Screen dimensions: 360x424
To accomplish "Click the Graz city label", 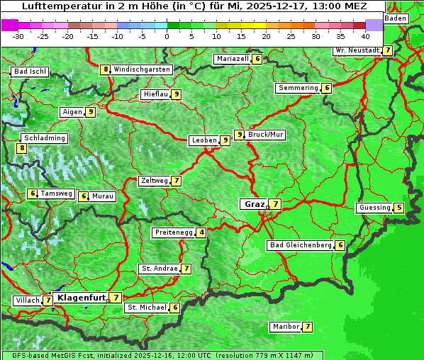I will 254,204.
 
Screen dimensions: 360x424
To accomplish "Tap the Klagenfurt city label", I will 81,298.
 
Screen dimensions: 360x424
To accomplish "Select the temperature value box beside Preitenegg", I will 202,232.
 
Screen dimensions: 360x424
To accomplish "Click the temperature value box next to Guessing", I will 399,208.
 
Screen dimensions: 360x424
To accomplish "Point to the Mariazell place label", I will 232,59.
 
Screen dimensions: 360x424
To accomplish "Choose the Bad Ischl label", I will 30,72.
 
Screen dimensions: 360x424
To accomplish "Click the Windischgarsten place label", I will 142,69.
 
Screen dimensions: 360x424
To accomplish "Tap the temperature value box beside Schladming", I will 22,148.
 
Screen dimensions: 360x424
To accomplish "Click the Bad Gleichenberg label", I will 301,245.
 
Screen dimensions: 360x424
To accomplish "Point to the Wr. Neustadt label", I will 357,50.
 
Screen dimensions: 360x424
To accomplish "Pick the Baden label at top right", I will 396,18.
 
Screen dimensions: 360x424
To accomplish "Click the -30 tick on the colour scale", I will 18,35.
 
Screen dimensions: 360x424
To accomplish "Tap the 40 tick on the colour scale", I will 365,35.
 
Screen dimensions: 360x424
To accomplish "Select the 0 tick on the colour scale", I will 167,35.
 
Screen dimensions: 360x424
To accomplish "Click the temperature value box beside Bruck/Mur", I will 240,135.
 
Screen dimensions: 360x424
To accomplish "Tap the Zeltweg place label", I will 154,181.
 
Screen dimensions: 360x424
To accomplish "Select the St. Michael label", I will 146,308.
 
